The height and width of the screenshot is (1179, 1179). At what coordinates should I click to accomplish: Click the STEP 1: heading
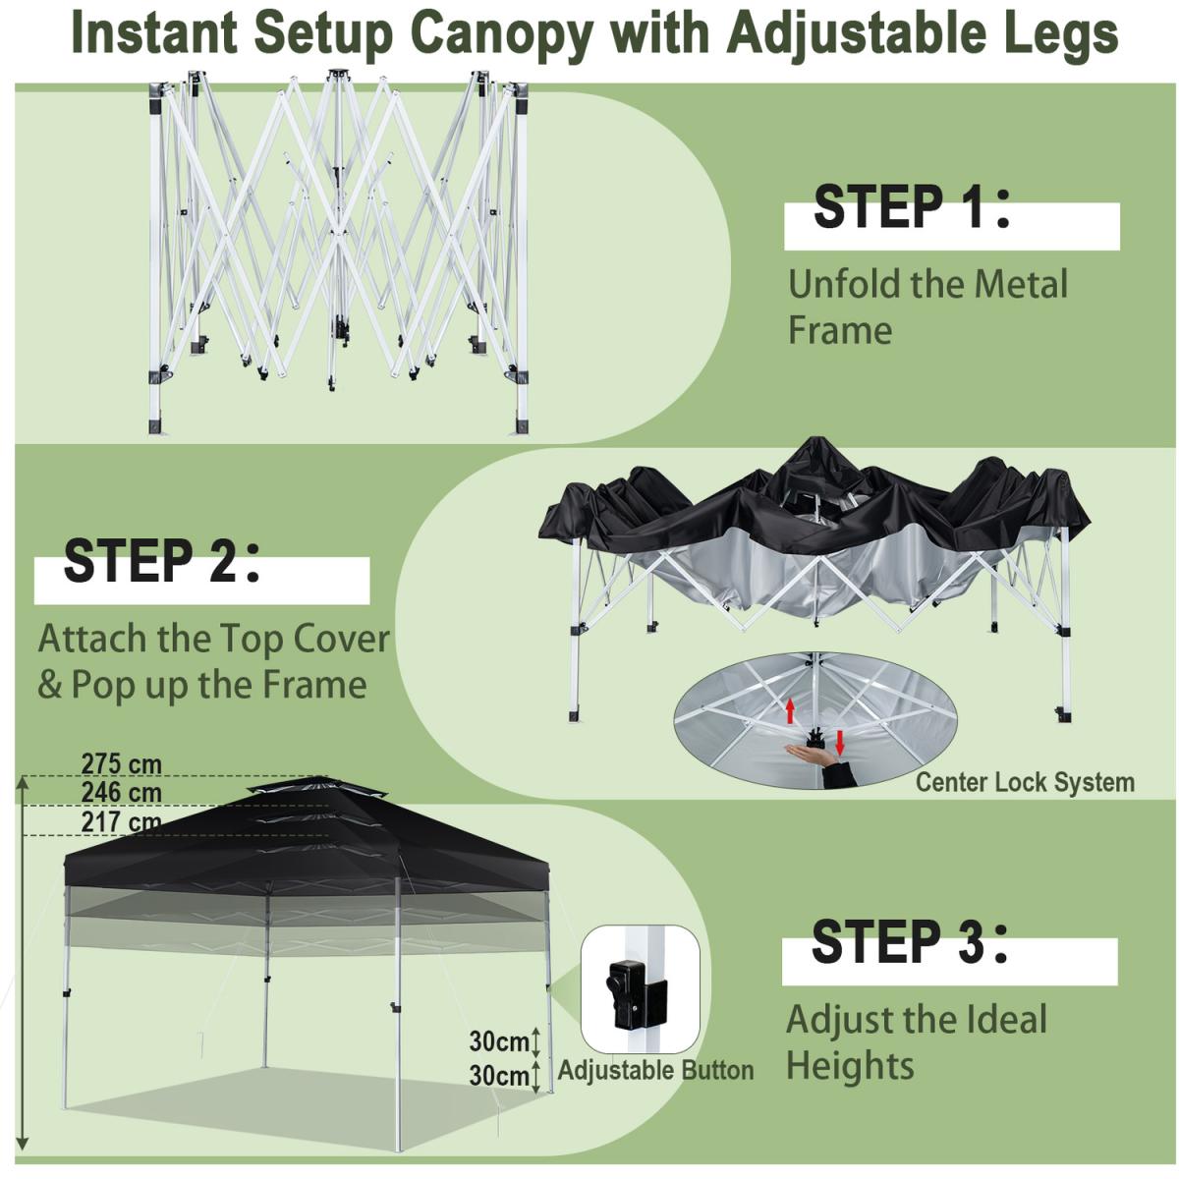pyautogui.click(x=911, y=207)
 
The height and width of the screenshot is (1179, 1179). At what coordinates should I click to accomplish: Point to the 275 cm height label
pyautogui.click(x=121, y=764)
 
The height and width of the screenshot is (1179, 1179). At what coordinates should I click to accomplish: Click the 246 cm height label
pyautogui.click(x=121, y=793)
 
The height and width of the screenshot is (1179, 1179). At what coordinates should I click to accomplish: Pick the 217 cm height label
pyautogui.click(x=121, y=821)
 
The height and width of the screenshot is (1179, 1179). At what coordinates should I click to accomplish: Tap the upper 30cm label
pyautogui.click(x=499, y=1041)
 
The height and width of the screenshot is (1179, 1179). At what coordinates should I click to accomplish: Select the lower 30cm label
pyautogui.click(x=499, y=1076)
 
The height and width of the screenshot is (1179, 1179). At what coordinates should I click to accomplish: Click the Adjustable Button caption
pyautogui.click(x=655, y=1071)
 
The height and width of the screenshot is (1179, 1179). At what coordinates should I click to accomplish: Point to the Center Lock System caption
pyautogui.click(x=1025, y=782)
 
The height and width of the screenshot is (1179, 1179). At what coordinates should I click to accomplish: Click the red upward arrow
pyautogui.click(x=790, y=711)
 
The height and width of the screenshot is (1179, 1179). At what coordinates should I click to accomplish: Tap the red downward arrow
pyautogui.click(x=840, y=742)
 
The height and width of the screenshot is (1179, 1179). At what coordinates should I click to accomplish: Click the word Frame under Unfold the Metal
pyautogui.click(x=840, y=331)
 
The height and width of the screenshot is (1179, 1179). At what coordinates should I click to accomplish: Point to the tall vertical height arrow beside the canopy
pyautogui.click(x=24, y=963)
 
